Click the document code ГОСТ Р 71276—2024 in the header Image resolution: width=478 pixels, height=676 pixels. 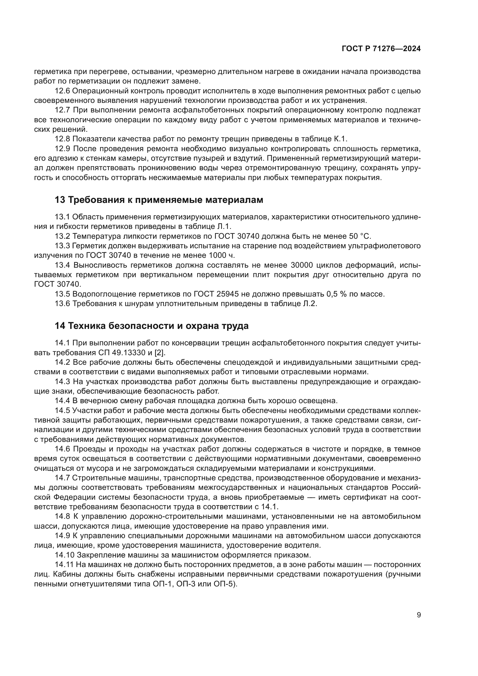pyautogui.click(x=381, y=49)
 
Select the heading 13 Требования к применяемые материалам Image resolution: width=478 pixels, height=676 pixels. pyautogui.click(x=159, y=200)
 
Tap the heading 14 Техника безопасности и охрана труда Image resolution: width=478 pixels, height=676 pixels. pyautogui.click(x=152, y=326)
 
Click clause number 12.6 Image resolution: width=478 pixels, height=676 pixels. pyautogui.click(x=63, y=91)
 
